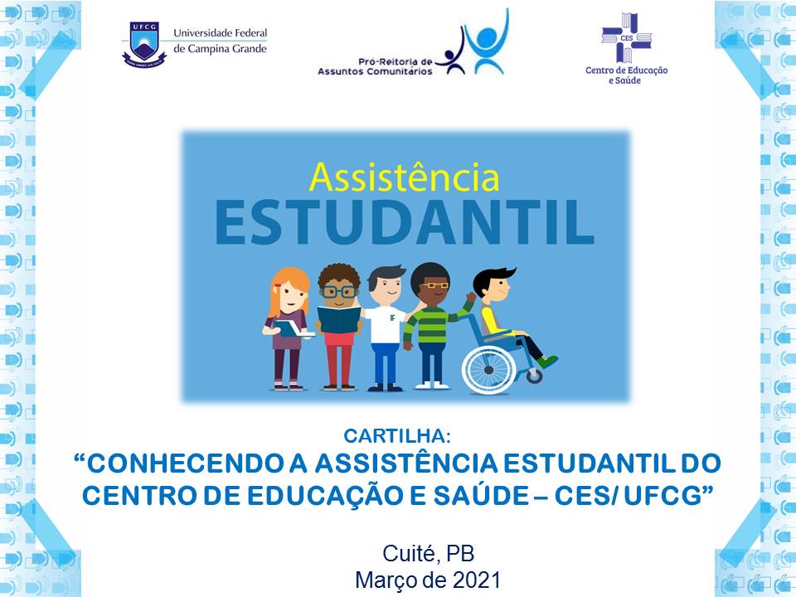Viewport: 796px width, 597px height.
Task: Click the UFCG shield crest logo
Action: tap(144, 44)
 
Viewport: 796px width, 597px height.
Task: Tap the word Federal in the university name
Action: tap(249, 33)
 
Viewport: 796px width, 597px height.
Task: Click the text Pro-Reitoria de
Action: tap(395, 62)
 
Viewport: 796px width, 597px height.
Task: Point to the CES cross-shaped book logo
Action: tap(627, 37)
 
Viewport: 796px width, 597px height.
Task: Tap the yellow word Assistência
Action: tap(404, 177)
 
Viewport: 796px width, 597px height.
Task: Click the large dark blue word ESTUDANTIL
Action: tap(405, 223)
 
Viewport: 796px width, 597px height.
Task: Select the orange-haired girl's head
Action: tap(289, 291)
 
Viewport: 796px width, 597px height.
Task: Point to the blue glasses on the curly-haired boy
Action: tap(339, 292)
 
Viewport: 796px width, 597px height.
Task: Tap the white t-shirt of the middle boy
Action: tap(386, 324)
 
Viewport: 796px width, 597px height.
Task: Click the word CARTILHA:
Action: tap(397, 436)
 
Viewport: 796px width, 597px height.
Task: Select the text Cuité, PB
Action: tap(429, 554)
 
